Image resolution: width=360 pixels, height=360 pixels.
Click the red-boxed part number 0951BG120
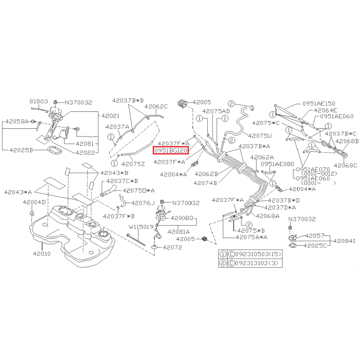point(171,151)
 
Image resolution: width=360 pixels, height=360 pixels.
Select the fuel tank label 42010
point(41,254)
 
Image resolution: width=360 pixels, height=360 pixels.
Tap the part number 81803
point(39,101)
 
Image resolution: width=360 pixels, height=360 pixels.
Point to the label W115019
point(141,227)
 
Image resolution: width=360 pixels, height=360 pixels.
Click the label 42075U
point(260,136)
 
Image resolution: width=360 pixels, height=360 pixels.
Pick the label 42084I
point(344,241)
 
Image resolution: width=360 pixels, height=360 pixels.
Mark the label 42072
point(172,247)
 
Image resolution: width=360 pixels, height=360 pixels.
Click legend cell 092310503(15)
point(254,254)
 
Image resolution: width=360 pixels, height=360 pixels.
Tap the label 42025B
point(21,150)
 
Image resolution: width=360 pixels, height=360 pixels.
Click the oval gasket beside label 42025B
point(54,151)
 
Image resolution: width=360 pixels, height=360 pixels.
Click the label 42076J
point(143,203)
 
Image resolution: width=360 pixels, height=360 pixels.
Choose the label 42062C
point(156,107)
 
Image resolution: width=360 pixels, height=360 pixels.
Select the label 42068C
point(345,165)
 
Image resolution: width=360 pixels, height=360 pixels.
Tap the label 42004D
point(34,202)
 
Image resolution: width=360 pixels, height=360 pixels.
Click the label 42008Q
point(182,218)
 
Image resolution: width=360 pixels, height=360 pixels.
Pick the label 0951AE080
point(277,164)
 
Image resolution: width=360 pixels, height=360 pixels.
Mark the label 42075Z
point(133,164)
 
